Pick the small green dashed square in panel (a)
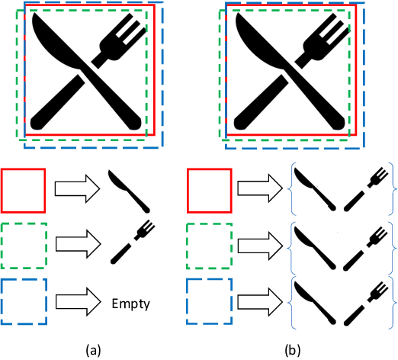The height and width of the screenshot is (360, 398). tap(24, 246)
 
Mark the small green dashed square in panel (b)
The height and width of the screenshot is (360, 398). tap(209, 246)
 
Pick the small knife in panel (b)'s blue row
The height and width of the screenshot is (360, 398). tap(314, 300)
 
